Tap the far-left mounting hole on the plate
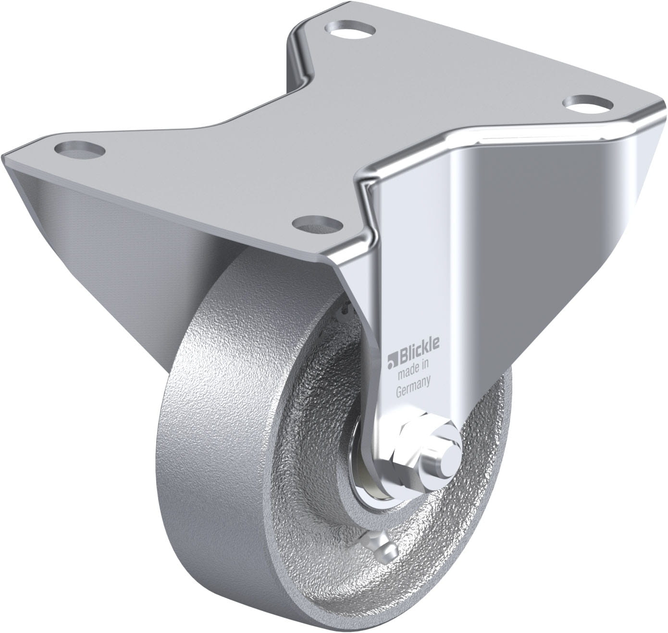78,148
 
